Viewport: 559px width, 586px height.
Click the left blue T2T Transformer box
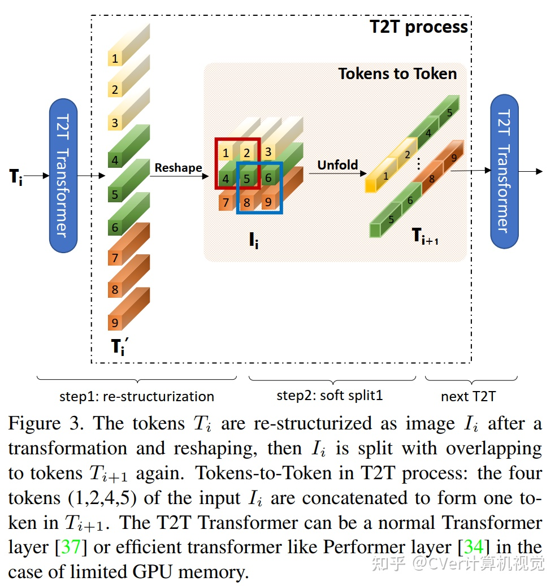[63, 175]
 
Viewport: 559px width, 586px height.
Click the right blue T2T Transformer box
[504, 171]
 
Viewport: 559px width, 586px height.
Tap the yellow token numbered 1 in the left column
[115, 58]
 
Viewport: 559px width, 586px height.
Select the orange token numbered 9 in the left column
[115, 323]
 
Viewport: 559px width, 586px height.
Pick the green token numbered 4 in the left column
[115, 160]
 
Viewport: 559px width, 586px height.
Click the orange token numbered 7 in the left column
[115, 258]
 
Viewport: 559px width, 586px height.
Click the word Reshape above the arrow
[178, 168]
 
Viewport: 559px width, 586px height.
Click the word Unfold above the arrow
[337, 165]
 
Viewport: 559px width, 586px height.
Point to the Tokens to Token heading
[397, 74]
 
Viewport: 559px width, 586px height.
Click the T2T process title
[419, 27]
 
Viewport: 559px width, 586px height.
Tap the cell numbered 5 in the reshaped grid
[247, 179]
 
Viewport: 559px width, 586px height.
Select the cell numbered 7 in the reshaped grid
[226, 202]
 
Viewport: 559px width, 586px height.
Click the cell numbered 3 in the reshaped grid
[268, 152]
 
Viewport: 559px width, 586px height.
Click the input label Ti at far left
[15, 176]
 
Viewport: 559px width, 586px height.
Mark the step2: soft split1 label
[330, 396]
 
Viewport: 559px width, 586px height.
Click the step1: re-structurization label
[137, 396]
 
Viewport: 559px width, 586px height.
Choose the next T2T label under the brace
[468, 397]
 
